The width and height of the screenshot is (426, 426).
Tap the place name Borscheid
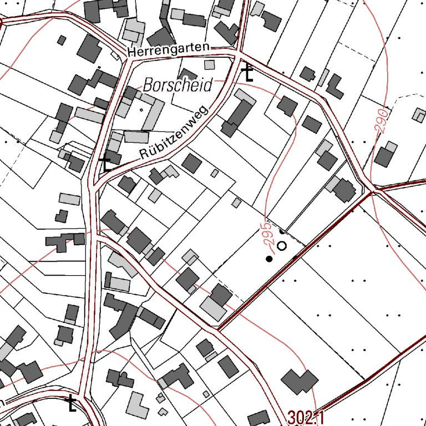[x=177, y=85]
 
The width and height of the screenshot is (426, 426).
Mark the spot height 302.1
[x=306, y=417]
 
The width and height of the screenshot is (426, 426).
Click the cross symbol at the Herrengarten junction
[x=248, y=73]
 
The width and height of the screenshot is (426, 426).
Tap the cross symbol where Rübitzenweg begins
[x=104, y=163]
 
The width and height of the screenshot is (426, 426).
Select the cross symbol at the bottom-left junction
[x=70, y=403]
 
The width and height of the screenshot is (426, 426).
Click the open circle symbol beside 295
[x=282, y=245]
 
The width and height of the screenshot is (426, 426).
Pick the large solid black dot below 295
[x=270, y=258]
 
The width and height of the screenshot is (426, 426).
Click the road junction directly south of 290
[x=373, y=190]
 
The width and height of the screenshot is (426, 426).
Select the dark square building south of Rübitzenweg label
[x=191, y=164]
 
